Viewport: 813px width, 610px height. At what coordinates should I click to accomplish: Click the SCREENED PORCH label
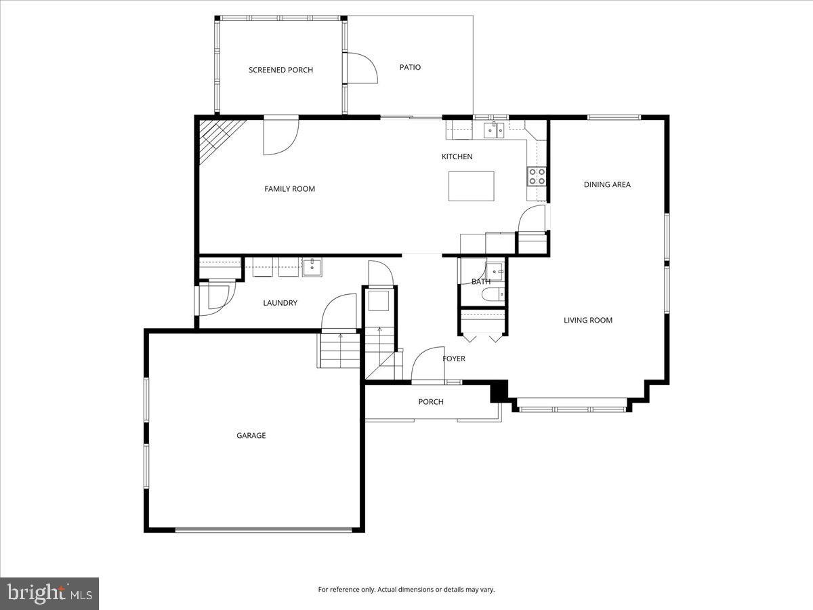[x=280, y=70]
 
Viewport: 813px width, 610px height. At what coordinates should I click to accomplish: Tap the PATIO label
[x=410, y=67]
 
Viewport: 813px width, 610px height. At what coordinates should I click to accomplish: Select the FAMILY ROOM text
[x=289, y=189]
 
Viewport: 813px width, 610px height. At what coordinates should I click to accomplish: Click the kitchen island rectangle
[x=471, y=186]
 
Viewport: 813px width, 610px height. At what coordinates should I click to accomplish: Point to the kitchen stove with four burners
[x=537, y=176]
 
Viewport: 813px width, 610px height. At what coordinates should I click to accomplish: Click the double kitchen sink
[x=495, y=130]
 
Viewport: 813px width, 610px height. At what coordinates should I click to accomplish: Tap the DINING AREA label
[x=607, y=184]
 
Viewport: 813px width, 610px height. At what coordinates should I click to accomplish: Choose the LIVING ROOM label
[x=587, y=320]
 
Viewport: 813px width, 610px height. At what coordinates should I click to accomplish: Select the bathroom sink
[x=497, y=272]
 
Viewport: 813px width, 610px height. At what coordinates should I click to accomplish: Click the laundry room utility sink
[x=312, y=267]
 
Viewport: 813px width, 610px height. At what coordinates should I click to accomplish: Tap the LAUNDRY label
[x=280, y=303]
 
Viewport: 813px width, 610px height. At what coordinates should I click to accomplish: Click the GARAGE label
[x=251, y=435]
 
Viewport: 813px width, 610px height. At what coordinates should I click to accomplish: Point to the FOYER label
[x=454, y=359]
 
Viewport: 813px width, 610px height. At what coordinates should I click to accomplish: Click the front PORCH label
[x=430, y=402]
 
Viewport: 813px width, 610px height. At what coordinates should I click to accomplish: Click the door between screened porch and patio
[x=359, y=68]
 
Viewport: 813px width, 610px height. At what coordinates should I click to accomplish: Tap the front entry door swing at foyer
[x=427, y=366]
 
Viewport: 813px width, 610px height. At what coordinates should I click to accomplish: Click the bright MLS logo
[x=49, y=594]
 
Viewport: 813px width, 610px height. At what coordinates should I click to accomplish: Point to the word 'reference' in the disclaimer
[x=346, y=590]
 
